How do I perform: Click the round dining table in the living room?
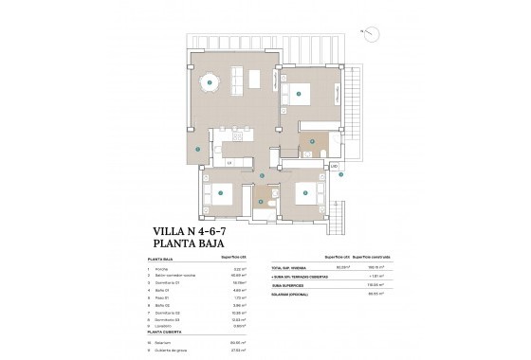210,82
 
